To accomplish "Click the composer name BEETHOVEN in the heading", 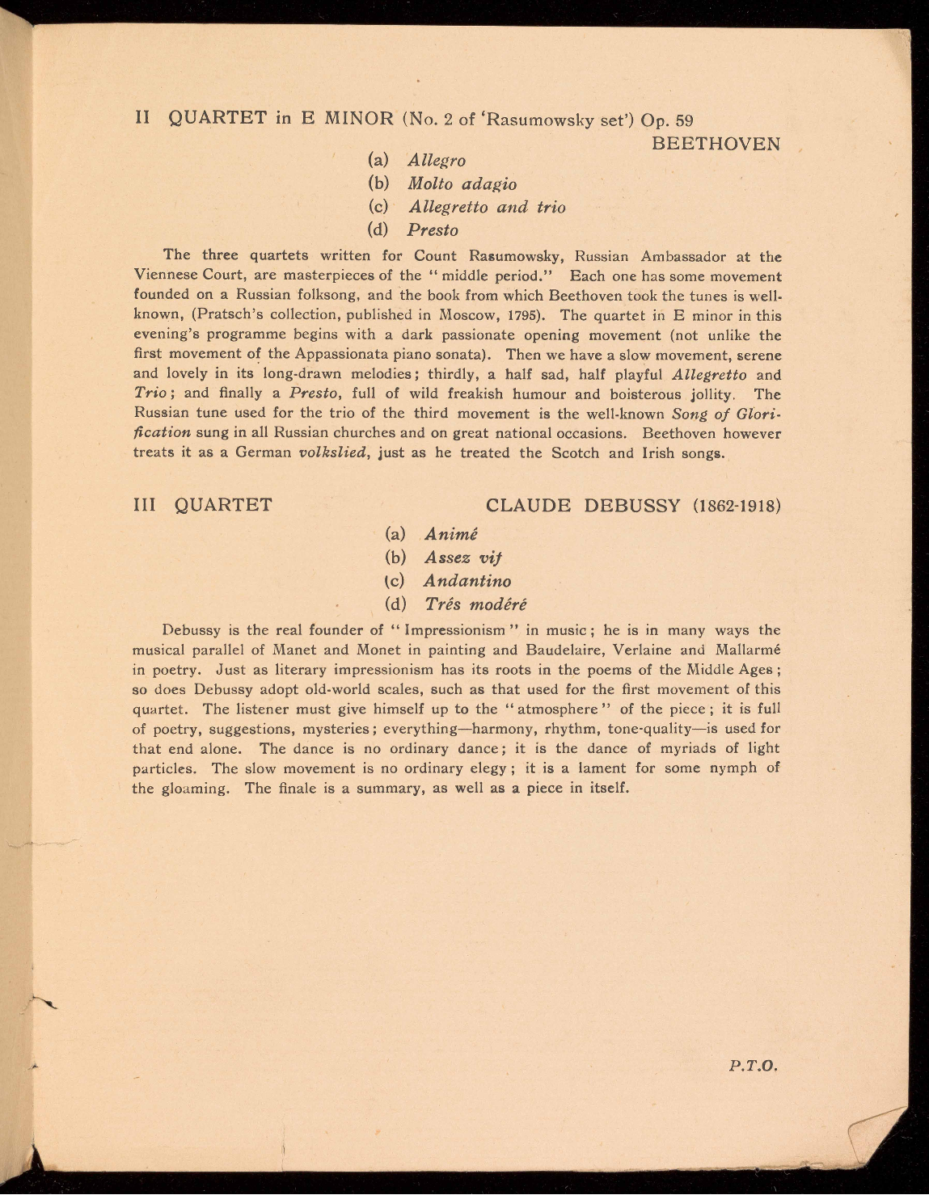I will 716,144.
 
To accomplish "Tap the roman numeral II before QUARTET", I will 142,118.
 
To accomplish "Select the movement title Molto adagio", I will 462,184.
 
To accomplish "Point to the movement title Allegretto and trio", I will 487,207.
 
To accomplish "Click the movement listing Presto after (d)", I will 433,230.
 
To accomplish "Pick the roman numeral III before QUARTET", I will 147,506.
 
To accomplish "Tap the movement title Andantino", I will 467,581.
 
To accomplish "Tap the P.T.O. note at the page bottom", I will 753,1066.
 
